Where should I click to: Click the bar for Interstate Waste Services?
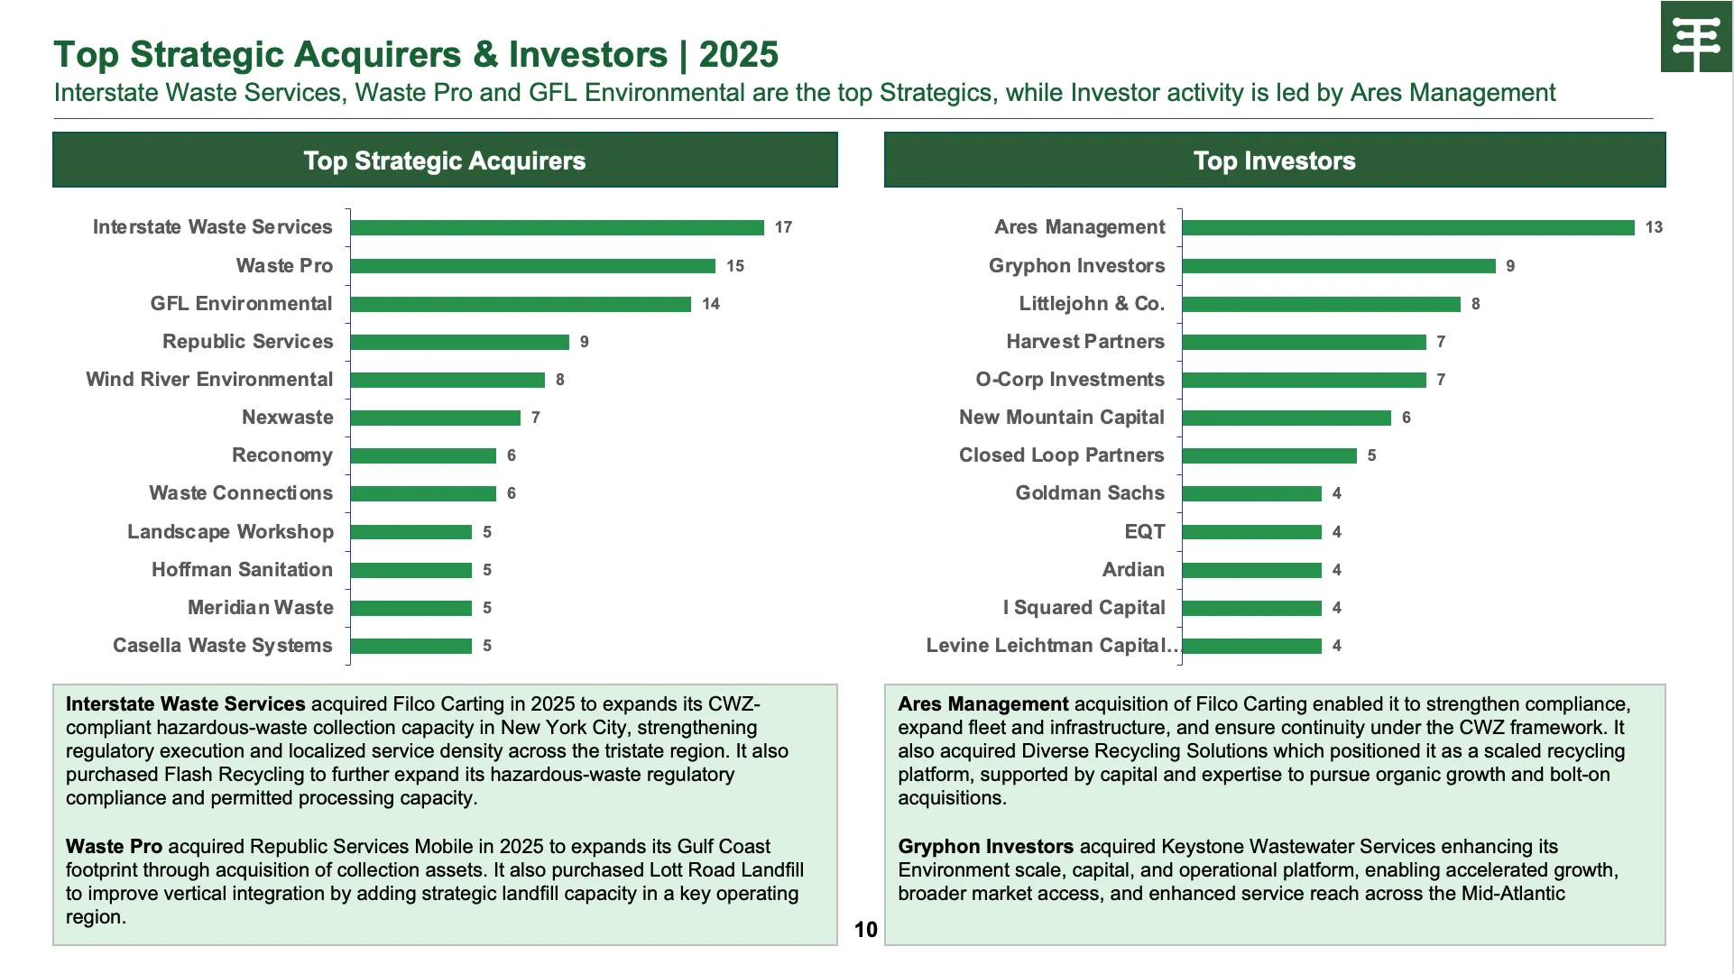pos(557,227)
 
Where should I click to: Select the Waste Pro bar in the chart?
pos(532,266)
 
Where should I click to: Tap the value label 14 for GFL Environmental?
pos(711,304)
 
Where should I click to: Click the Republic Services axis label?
pos(247,342)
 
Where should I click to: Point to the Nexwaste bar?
pos(435,418)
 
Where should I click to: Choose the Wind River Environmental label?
pos(209,380)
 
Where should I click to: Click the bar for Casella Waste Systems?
pos(411,646)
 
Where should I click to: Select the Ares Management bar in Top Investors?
pos(1407,227)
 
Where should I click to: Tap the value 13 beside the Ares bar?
pos(1654,227)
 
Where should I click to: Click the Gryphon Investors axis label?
pos(1076,266)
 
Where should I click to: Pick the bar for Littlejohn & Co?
pos(1321,304)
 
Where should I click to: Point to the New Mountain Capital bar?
pos(1287,418)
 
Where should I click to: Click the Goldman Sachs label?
pos(1090,493)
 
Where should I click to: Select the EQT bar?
pos(1251,532)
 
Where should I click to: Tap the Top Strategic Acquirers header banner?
pos(445,161)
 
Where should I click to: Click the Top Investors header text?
pos(1274,161)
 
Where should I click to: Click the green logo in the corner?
pos(1696,37)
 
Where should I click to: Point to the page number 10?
pos(865,930)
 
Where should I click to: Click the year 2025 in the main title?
pos(738,55)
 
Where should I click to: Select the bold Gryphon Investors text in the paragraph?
pos(985,847)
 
